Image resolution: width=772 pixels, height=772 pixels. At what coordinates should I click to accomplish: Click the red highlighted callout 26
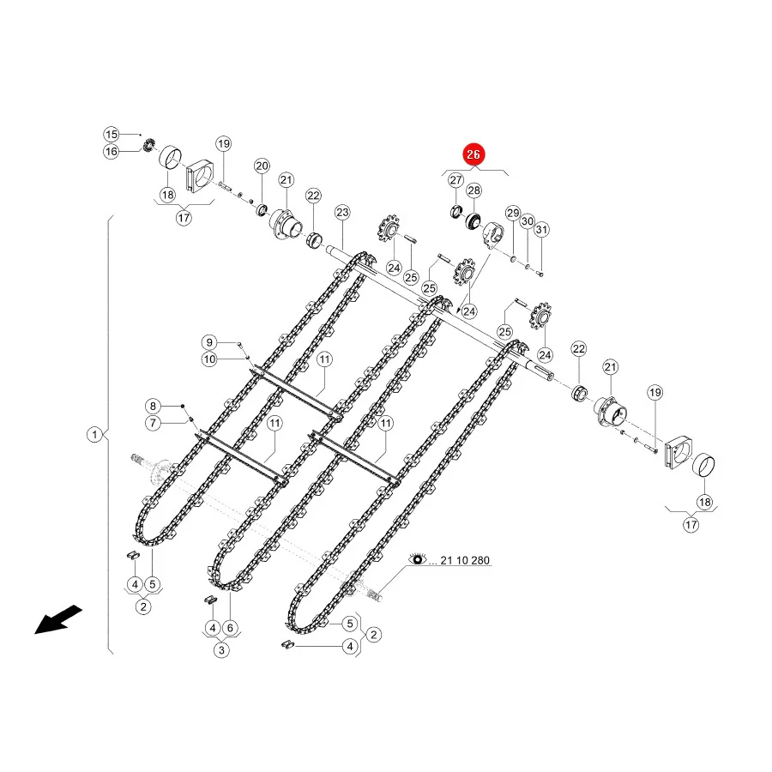coord(473,154)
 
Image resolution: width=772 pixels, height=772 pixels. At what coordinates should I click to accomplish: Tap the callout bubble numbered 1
coord(94,435)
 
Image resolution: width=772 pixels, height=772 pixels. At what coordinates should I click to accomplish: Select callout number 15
coord(112,135)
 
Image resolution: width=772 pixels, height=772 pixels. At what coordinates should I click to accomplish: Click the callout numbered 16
coord(112,151)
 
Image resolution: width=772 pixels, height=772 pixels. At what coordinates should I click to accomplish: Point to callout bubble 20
coord(262,166)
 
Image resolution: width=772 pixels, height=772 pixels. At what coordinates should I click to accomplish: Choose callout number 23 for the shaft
coord(342,213)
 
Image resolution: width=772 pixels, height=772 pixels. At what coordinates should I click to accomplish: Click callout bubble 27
coord(456,180)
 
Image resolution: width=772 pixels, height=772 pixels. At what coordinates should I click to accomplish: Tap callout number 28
coord(473,190)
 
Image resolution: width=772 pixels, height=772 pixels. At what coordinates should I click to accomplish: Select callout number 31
coord(541,229)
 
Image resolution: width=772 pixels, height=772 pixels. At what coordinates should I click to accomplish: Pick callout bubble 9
coord(209,342)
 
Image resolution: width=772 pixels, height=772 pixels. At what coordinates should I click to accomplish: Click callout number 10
coord(209,359)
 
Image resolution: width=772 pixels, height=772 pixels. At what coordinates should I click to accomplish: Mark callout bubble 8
coord(154,407)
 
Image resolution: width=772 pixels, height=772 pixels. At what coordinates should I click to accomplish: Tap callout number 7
coord(154,423)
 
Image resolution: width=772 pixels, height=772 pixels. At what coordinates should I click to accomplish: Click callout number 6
coord(230,628)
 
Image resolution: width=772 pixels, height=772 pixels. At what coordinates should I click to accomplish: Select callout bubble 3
coord(221,650)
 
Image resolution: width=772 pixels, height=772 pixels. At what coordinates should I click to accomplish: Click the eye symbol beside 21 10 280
coord(418,559)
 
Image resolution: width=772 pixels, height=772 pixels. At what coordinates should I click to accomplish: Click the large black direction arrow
coord(57,620)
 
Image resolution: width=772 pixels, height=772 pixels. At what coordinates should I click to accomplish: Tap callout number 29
coord(513,214)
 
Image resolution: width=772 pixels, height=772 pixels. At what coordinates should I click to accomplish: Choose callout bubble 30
coord(528,221)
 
